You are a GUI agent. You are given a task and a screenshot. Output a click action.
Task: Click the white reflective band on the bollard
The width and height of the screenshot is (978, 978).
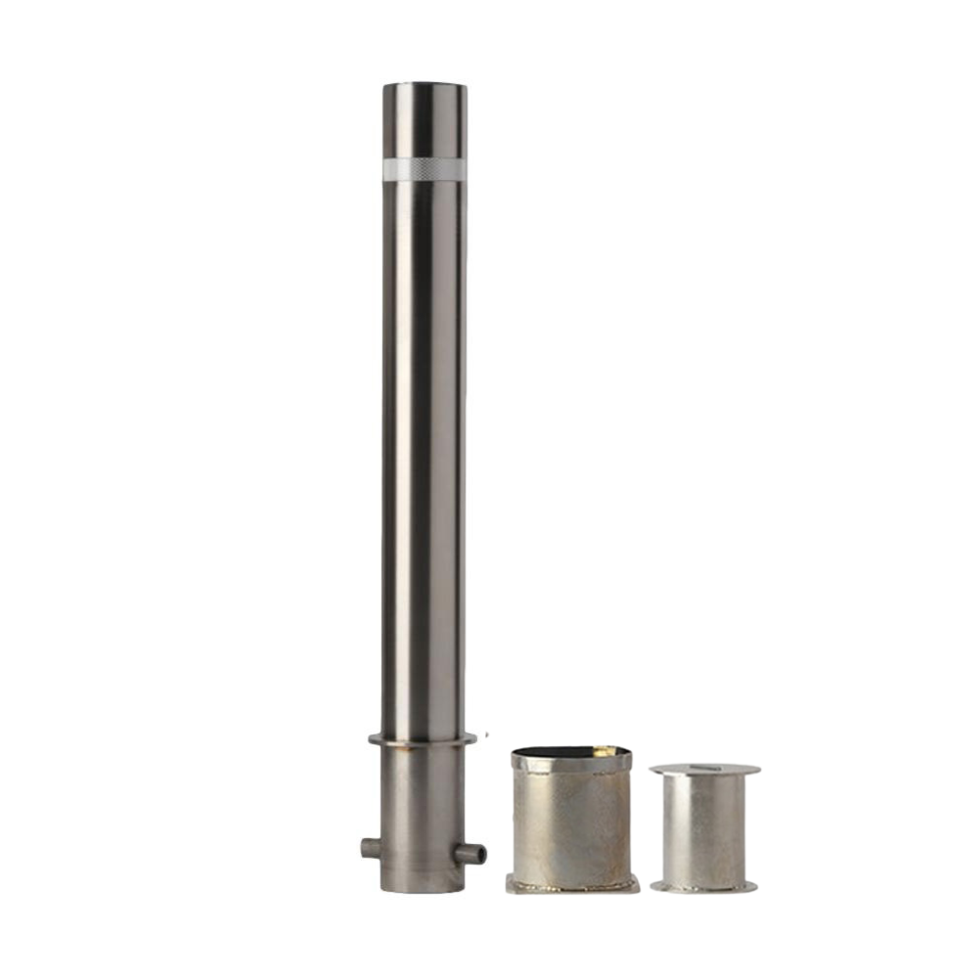pos(423,168)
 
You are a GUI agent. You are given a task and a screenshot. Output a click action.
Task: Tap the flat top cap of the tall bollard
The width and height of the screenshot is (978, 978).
pos(423,87)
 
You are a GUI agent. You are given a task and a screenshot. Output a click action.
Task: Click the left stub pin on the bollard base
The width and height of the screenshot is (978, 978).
pos(371,847)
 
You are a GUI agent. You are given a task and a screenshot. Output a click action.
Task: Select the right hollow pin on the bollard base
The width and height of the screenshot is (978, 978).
pos(471,853)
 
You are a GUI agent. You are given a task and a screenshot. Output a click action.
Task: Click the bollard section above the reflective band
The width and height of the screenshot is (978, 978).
pos(423,122)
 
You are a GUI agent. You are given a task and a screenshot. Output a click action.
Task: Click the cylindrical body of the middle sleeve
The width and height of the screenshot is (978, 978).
pos(572,822)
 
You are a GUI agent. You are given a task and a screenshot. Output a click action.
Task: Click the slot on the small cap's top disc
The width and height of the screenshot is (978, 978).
pos(704,768)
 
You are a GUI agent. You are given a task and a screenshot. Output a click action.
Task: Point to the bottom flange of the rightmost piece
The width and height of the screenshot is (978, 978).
pos(704,886)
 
